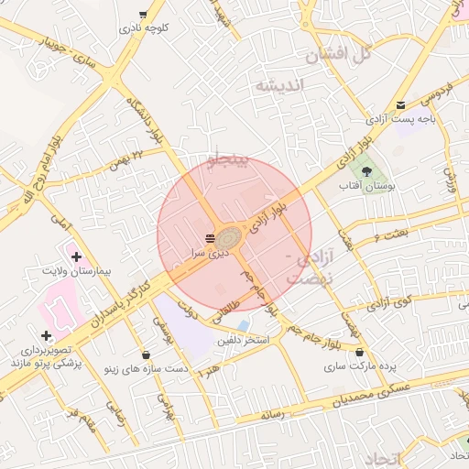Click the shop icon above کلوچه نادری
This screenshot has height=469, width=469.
click(x=143, y=15)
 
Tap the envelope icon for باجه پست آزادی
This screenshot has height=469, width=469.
click(x=400, y=104)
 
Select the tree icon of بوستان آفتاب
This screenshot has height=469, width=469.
click(x=366, y=170)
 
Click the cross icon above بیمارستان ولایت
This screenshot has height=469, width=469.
click(x=75, y=257)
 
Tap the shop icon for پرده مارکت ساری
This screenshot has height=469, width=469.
click(x=359, y=352)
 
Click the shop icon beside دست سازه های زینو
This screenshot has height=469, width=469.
click(x=147, y=354)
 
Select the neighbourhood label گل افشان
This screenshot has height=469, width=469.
click(x=339, y=54)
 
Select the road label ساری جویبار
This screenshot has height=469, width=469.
click(x=66, y=49)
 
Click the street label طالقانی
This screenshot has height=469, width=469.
click(x=224, y=312)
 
